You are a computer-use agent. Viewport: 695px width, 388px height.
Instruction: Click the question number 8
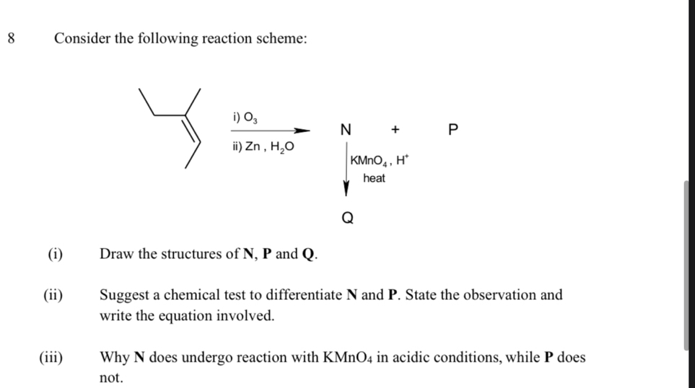[x=9, y=38]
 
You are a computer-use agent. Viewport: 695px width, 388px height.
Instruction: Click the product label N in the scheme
[x=346, y=131]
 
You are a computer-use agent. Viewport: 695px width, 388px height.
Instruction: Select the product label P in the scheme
[x=453, y=131]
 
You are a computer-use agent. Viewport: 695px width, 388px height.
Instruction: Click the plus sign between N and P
[x=395, y=131]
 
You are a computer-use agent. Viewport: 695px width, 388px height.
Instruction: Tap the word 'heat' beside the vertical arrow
[x=374, y=178]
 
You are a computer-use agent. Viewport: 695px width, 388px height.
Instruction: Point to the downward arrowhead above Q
[x=346, y=190]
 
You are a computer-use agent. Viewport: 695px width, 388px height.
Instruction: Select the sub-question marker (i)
[x=55, y=254]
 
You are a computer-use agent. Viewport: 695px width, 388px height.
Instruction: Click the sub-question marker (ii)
[x=53, y=295]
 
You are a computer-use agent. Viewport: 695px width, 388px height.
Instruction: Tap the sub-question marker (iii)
[x=51, y=357]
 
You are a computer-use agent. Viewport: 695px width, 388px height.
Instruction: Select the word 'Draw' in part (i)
[x=116, y=254]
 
